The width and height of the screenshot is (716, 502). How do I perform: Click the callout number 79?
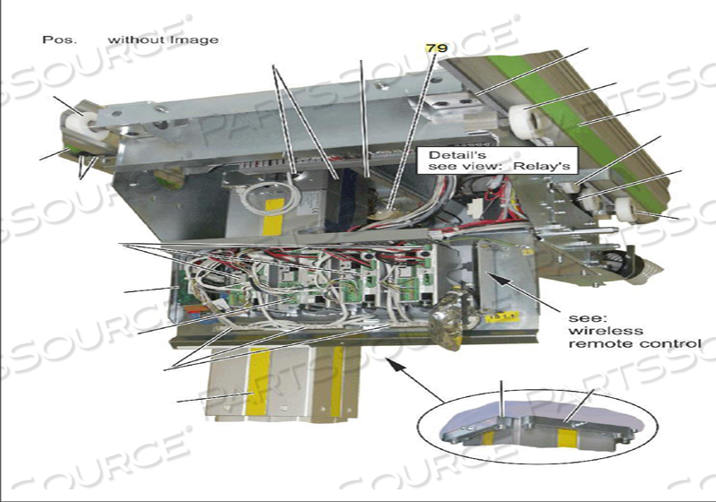click(435, 47)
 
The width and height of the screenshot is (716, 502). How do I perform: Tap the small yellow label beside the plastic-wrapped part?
click(492, 315)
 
